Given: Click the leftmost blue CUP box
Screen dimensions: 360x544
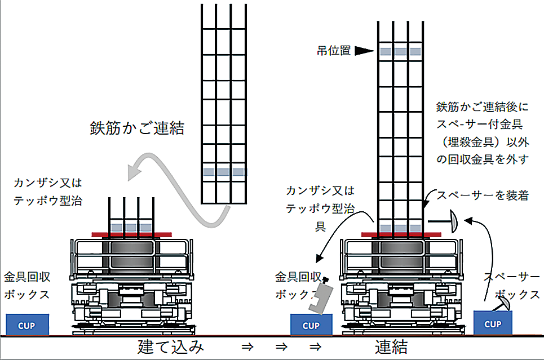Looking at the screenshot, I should [x=28, y=325].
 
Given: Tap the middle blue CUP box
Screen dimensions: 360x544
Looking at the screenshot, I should [x=311, y=325].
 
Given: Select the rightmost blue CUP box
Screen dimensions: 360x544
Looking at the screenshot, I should [x=493, y=323].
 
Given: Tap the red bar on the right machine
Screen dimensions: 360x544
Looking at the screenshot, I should [x=401, y=233].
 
